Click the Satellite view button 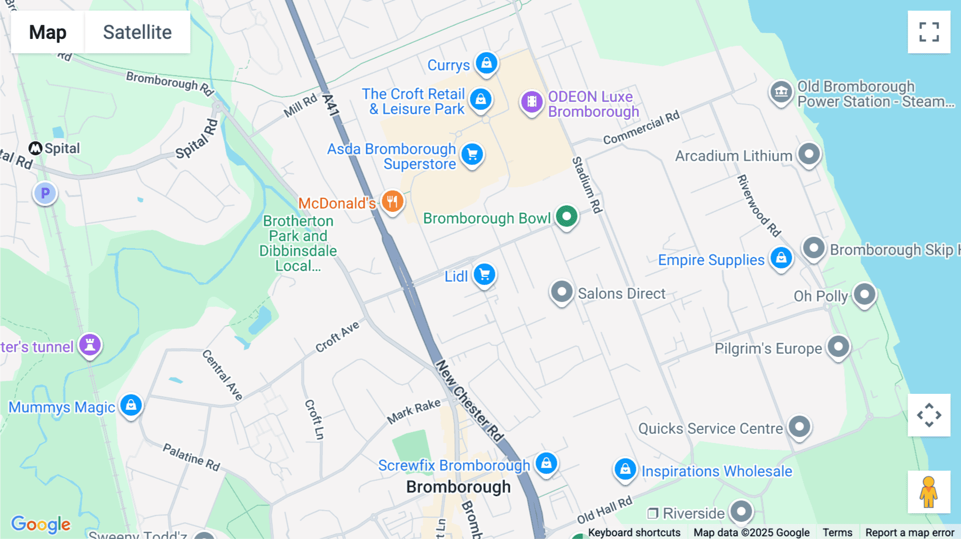tap(137, 32)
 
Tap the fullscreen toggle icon tap(929, 32)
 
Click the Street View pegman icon tap(929, 492)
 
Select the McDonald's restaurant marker tap(392, 202)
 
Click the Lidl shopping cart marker tap(485, 275)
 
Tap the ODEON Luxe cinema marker tap(532, 101)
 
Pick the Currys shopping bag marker tap(486, 63)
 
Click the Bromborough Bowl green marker tap(566, 217)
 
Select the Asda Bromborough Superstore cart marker tap(472, 155)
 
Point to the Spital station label tap(55, 148)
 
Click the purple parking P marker tap(45, 193)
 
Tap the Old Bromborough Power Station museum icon tap(781, 92)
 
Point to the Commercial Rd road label tap(641, 128)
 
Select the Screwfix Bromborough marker tap(546, 463)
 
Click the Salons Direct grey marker tap(562, 292)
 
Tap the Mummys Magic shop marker tap(131, 405)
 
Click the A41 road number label tap(331, 105)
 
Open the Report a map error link tap(910, 532)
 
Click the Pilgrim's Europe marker tap(838, 347)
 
